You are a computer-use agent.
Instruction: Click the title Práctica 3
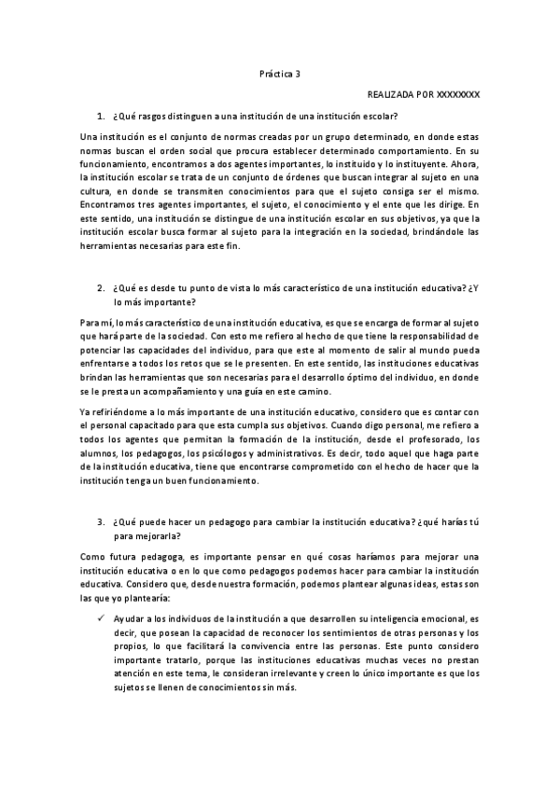click(x=280, y=73)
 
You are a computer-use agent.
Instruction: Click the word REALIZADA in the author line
click(x=390, y=95)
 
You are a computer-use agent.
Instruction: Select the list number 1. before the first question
click(x=101, y=116)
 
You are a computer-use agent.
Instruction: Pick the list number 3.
click(x=101, y=516)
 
